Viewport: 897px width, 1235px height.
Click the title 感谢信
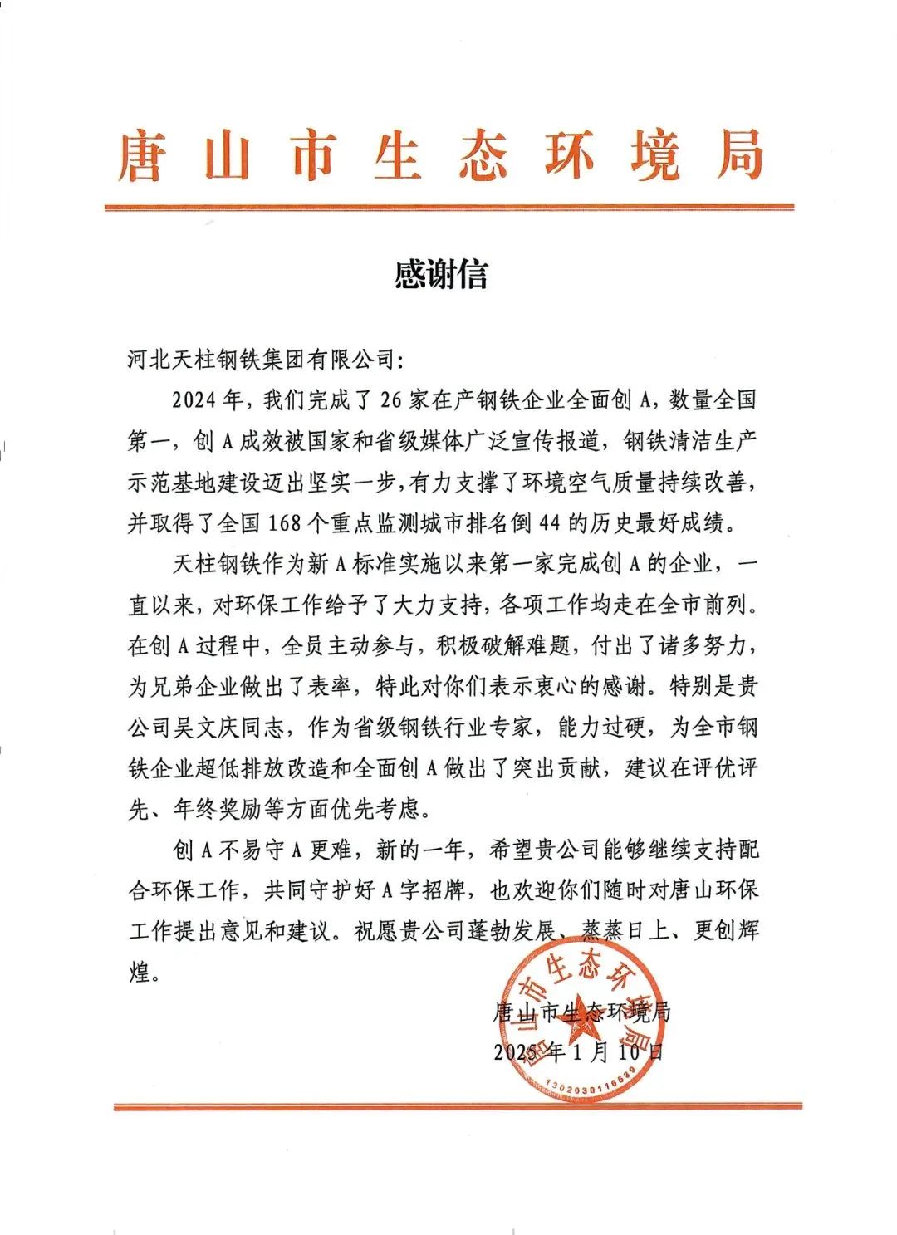click(441, 274)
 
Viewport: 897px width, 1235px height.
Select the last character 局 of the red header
click(740, 155)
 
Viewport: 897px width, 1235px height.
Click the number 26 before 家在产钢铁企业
click(390, 399)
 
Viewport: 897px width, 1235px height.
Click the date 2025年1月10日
click(579, 1051)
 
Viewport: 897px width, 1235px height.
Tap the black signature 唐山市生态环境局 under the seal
click(581, 1012)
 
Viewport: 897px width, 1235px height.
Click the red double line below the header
click(448, 208)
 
